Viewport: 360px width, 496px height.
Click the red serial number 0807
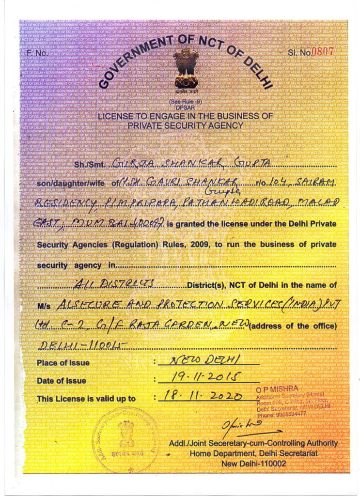tap(324, 52)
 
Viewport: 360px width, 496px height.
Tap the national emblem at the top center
tap(186, 68)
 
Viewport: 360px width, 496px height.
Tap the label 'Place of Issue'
tap(63, 363)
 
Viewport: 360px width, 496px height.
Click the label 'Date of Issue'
tap(62, 381)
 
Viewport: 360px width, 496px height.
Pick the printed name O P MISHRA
tap(278, 388)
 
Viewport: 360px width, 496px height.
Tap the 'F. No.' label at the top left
tap(37, 53)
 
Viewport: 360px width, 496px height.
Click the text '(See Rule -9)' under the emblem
tap(186, 101)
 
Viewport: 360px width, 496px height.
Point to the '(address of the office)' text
tap(293, 326)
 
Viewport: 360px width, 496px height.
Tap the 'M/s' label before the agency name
tap(44, 306)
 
